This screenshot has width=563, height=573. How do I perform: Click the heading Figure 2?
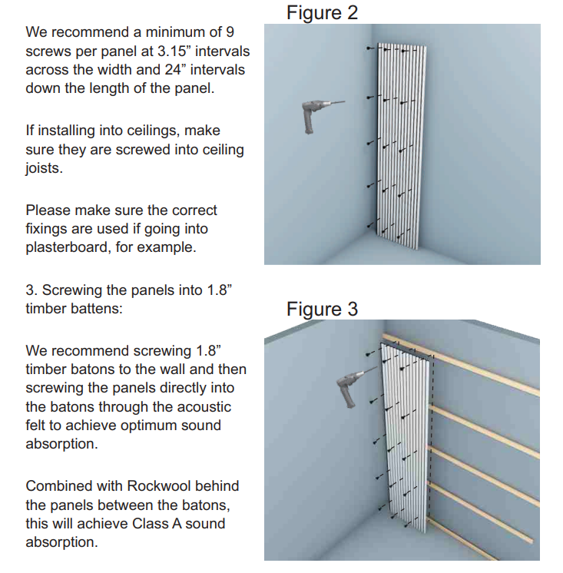(322, 13)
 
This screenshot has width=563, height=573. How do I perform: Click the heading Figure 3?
(322, 309)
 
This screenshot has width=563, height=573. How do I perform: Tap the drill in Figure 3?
(353, 388)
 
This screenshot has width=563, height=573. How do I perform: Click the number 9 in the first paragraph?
(230, 32)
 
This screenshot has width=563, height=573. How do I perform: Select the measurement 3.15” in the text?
(172, 51)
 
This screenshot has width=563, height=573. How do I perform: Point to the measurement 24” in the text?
(173, 69)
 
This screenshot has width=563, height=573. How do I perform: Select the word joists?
(44, 168)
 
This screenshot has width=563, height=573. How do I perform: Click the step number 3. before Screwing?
(31, 290)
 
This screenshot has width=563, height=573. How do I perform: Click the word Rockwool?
(159, 486)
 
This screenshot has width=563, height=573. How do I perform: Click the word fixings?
(46, 229)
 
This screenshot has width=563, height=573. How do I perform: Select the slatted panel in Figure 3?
(406, 435)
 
